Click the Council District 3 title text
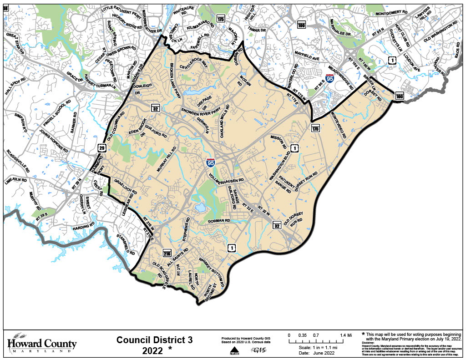coord(155,340)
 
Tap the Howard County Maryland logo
coord(42,344)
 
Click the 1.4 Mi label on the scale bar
coord(346,335)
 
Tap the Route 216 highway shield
coord(167,254)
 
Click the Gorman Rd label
coord(220,221)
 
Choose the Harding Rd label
coord(84,224)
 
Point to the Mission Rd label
coord(278,142)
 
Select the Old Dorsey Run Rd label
coord(294,218)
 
